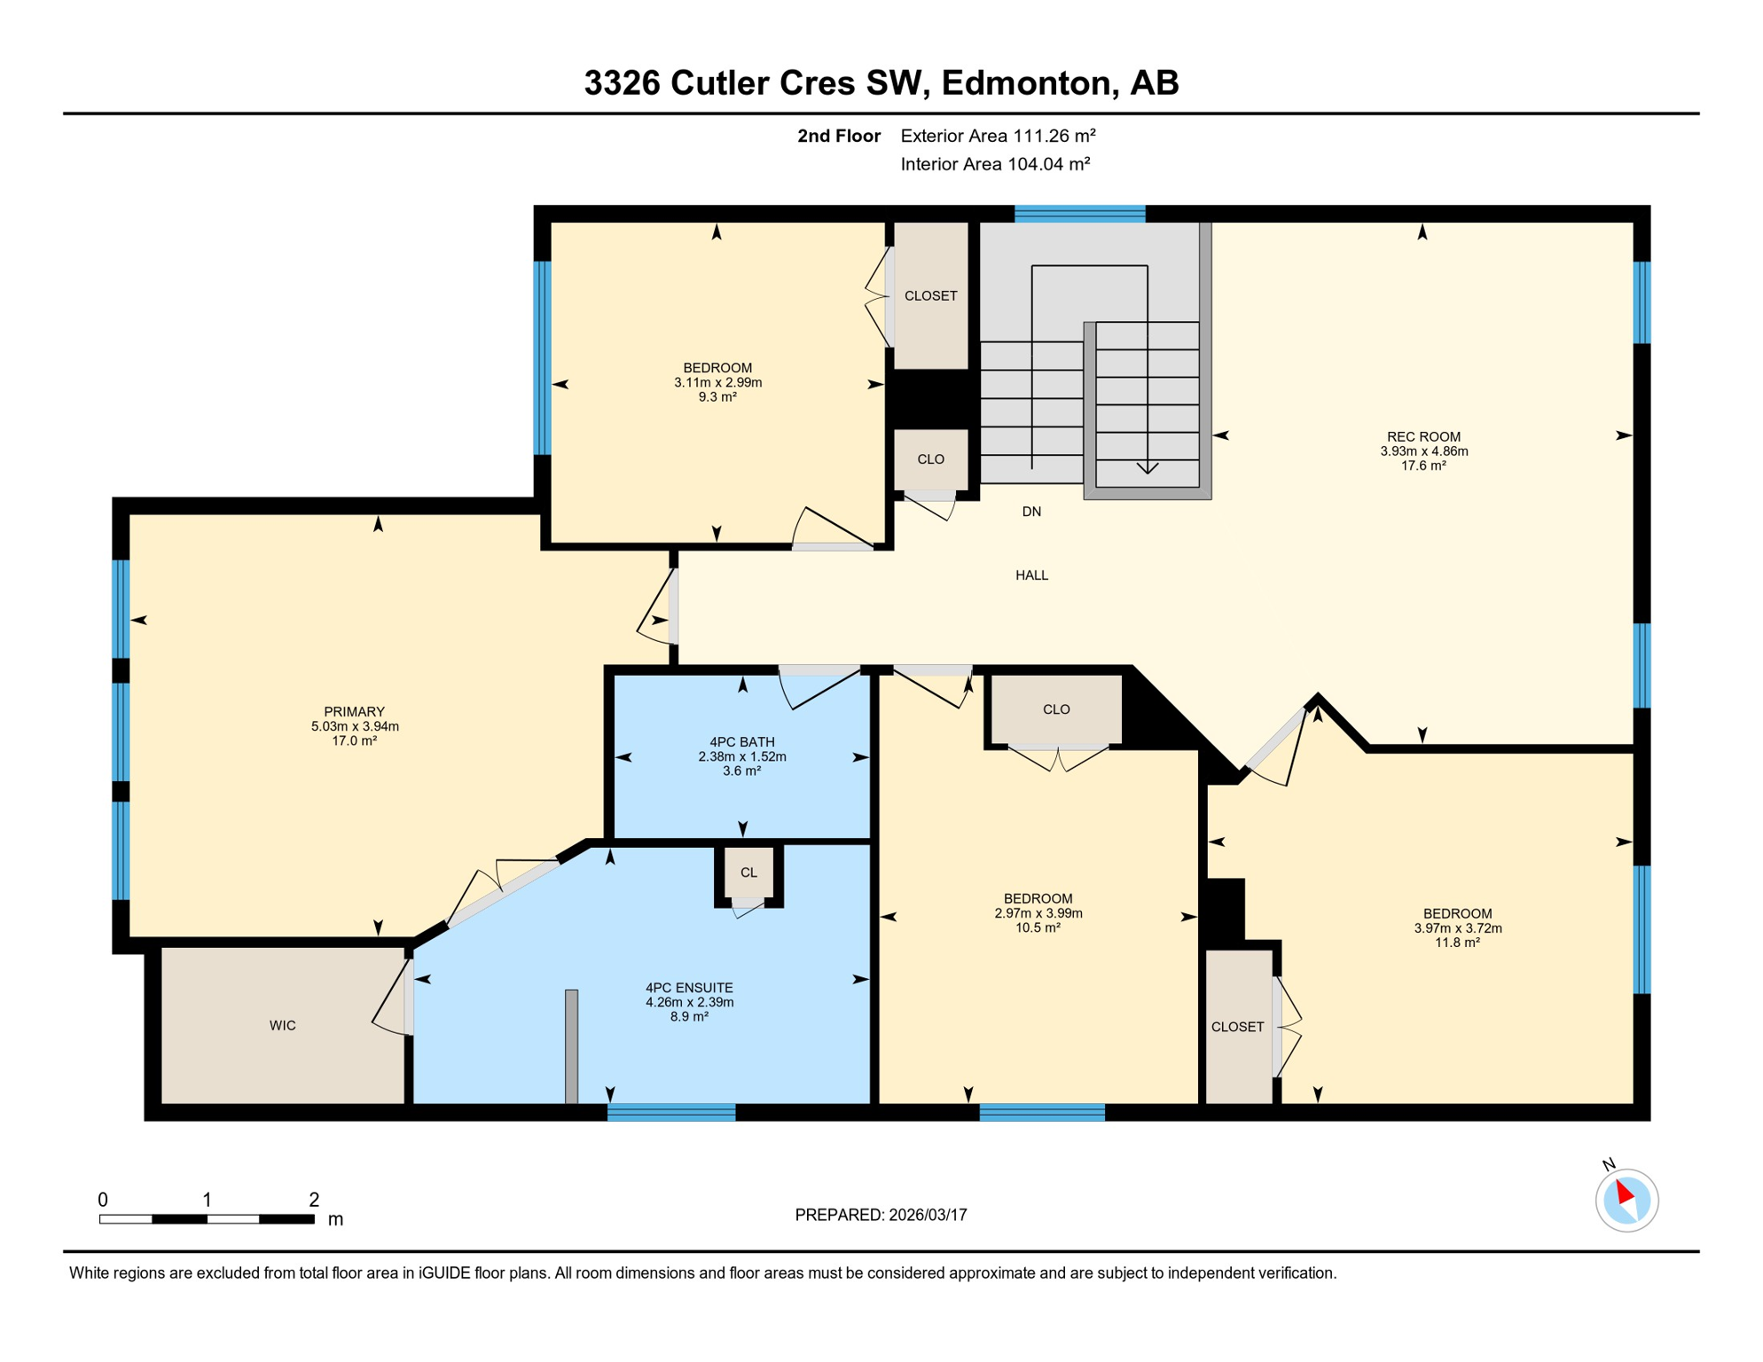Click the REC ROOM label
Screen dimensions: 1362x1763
click(1423, 436)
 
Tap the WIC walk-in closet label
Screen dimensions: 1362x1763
click(283, 1025)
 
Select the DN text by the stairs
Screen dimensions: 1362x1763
click(1031, 512)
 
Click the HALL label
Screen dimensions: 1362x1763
click(1031, 575)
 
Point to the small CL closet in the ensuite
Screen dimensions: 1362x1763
click(748, 873)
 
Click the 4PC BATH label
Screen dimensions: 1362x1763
click(741, 742)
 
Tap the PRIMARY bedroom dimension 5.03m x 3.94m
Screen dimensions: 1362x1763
click(355, 726)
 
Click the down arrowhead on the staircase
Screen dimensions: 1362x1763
click(1148, 467)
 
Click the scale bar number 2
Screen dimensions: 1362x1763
click(314, 1200)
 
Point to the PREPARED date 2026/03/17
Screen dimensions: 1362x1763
click(881, 1215)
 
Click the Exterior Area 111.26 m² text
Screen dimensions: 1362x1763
click(998, 136)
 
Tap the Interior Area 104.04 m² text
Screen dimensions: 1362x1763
click(995, 164)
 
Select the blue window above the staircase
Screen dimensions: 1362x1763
click(1079, 214)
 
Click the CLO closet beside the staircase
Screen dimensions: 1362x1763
click(930, 459)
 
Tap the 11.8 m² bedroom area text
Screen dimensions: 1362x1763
click(1457, 943)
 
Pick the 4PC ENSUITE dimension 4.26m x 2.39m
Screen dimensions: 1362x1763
click(689, 1002)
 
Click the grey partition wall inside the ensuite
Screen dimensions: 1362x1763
click(572, 1046)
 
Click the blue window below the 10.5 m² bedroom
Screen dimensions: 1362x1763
click(1042, 1112)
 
